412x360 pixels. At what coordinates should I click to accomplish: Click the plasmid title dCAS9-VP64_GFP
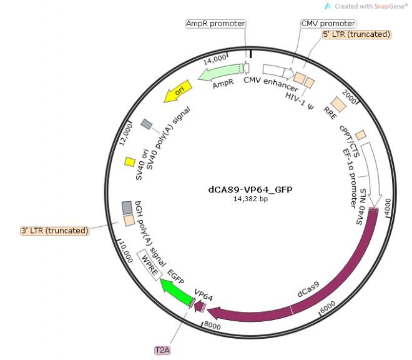point(250,189)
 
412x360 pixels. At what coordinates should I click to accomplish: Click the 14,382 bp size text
point(250,199)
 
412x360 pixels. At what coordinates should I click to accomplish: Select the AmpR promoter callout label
point(215,23)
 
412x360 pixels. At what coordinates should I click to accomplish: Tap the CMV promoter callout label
point(328,23)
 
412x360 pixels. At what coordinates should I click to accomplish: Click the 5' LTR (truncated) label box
point(356,34)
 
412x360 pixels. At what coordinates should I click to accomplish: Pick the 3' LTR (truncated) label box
point(55,231)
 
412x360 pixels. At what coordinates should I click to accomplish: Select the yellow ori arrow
point(177,92)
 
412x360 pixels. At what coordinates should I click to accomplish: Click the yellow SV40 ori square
point(130,162)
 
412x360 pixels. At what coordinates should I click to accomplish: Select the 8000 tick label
point(212,325)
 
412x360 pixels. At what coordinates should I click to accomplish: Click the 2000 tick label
point(350,99)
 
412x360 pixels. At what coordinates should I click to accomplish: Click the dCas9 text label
point(308,289)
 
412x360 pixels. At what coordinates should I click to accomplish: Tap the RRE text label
point(330,112)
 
